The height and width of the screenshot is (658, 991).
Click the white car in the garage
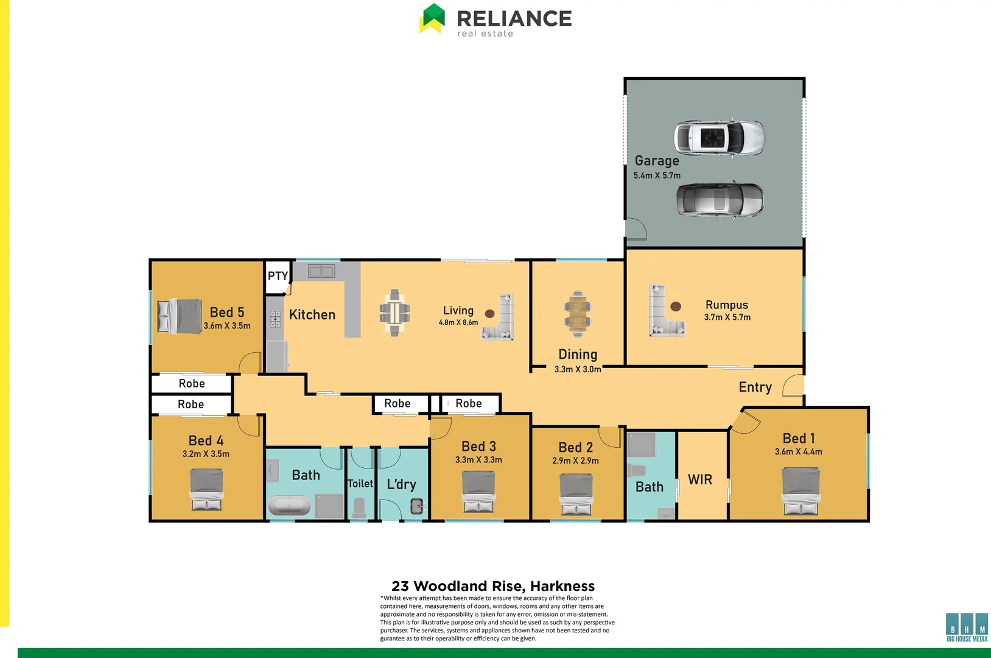(x=720, y=138)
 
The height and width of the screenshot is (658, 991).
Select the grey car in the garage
(x=720, y=200)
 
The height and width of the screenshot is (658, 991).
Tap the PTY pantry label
(x=278, y=276)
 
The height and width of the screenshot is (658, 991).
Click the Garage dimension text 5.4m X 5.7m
(x=657, y=175)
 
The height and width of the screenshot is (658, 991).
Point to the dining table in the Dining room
(x=577, y=314)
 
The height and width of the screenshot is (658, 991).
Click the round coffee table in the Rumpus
(x=675, y=306)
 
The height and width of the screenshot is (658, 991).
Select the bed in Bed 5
(x=180, y=316)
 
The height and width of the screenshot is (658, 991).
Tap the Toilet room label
(x=360, y=484)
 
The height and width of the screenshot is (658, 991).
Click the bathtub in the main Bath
(x=290, y=506)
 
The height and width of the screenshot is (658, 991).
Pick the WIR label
(x=700, y=480)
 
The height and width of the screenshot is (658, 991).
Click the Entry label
(x=755, y=387)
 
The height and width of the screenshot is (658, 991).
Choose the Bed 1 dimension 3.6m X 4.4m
(x=798, y=452)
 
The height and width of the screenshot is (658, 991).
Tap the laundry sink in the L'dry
(x=417, y=505)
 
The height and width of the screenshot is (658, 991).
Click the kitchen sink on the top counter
(x=321, y=271)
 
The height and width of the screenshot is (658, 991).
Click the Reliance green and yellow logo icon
(x=432, y=18)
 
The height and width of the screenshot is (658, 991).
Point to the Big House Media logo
(x=967, y=628)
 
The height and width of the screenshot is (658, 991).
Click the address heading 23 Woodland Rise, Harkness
(x=493, y=586)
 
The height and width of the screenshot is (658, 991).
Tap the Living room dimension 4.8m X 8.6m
(x=458, y=322)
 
